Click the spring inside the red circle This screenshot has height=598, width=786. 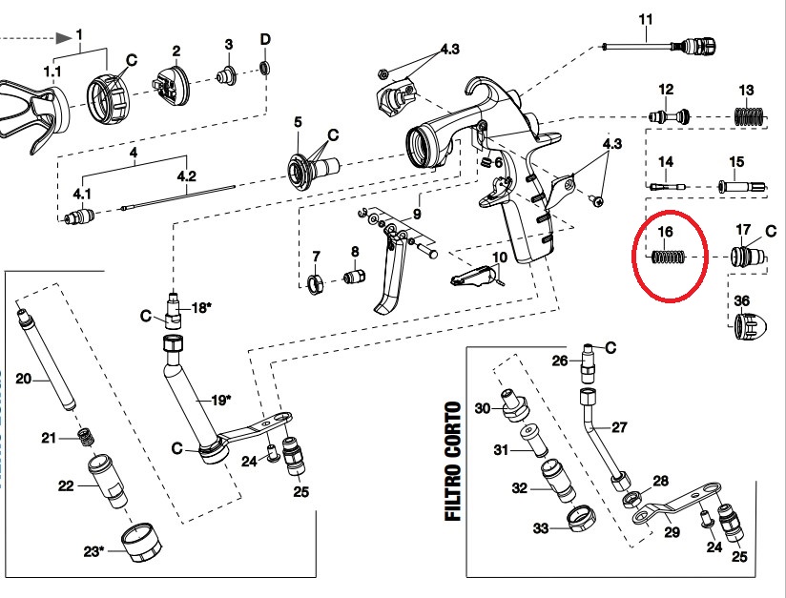tap(670, 258)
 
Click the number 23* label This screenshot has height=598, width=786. tap(93, 550)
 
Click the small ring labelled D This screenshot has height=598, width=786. tap(265, 68)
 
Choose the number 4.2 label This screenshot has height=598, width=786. tap(186, 175)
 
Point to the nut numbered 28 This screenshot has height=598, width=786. tap(631, 498)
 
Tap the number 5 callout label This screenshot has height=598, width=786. tap(298, 122)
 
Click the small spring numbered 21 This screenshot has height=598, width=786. tap(88, 438)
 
